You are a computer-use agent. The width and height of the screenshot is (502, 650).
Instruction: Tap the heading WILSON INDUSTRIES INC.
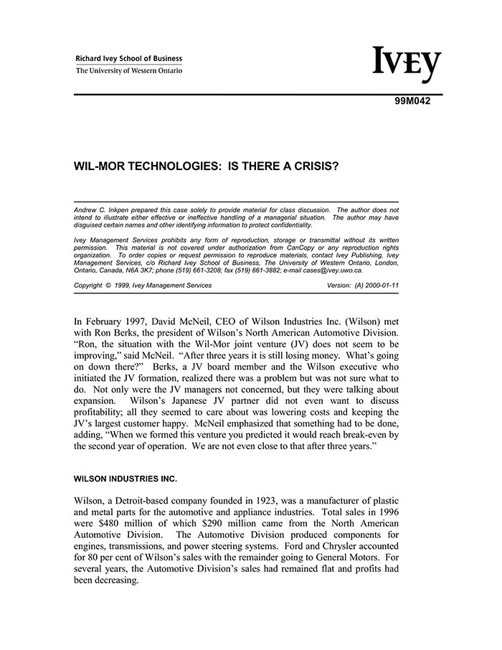(x=125, y=479)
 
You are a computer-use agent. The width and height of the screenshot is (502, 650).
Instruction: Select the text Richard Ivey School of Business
(x=129, y=59)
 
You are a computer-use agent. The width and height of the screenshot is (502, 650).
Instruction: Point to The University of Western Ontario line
(x=129, y=70)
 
